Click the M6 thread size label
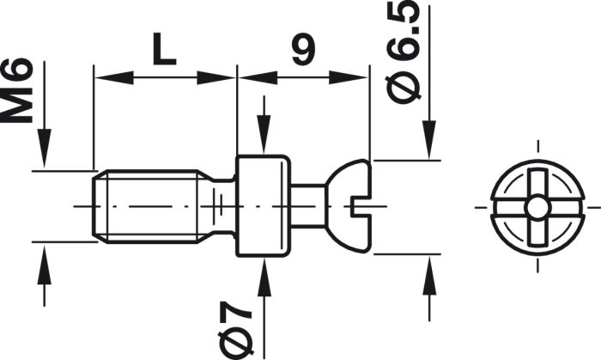click(16, 90)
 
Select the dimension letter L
click(164, 49)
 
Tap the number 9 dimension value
click(303, 49)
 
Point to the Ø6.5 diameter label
click(403, 52)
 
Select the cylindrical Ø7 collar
click(263, 206)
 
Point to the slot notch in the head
click(361, 206)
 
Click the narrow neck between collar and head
click(308, 206)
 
